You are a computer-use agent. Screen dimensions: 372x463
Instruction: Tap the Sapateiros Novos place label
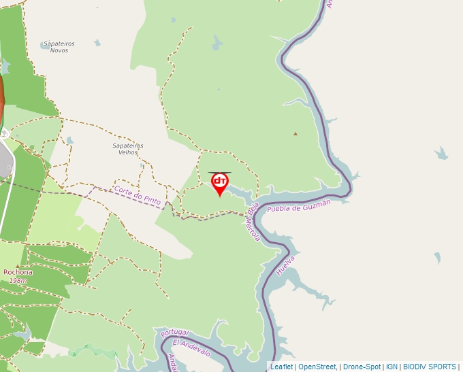pyautogui.click(x=59, y=47)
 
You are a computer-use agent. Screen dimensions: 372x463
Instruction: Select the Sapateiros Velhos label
pyautogui.click(x=128, y=149)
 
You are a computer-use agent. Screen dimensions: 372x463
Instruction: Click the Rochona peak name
pyautogui.click(x=18, y=272)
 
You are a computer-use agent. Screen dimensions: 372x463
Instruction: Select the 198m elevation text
pyautogui.click(x=18, y=280)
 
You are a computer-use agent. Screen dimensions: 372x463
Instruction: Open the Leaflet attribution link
pyautogui.click(x=281, y=367)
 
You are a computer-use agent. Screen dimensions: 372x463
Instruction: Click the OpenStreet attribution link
pyautogui.click(x=317, y=367)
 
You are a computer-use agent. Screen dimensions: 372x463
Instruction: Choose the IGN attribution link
pyautogui.click(x=392, y=367)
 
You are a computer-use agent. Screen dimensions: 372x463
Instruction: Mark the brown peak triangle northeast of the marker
pyautogui.click(x=296, y=134)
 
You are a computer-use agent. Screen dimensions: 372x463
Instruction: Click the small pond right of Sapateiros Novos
pyautogui.click(x=97, y=43)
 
